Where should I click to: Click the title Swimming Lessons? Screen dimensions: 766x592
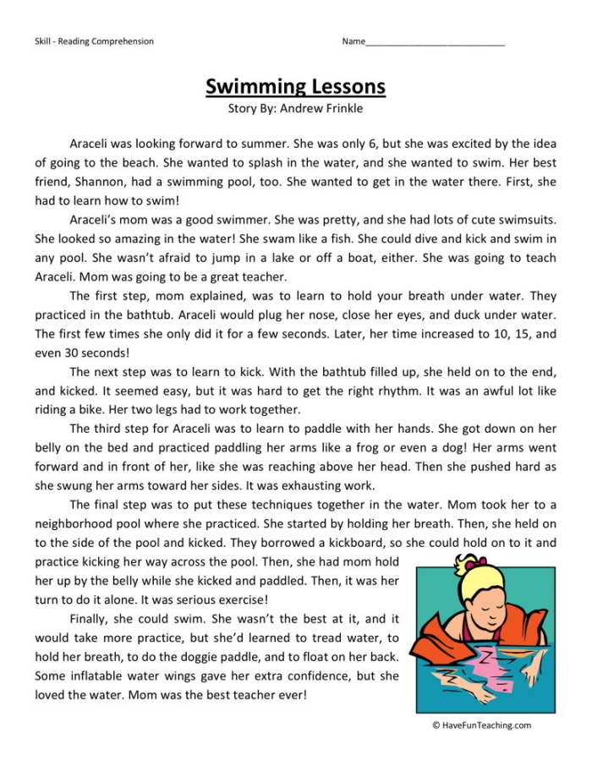pyautogui.click(x=295, y=86)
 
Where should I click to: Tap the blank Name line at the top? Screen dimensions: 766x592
pyautogui.click(x=435, y=42)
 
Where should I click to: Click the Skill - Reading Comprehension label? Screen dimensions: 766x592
pyautogui.click(x=95, y=41)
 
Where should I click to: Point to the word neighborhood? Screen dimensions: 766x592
pyautogui.click(x=77, y=524)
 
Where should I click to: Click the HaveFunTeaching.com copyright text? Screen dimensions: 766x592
pyautogui.click(x=481, y=725)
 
